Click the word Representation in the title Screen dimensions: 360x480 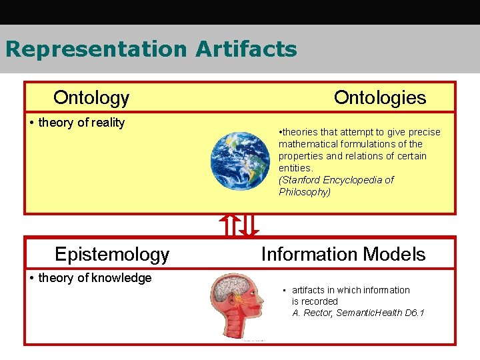tap(96, 49)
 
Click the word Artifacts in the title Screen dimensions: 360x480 tap(246, 49)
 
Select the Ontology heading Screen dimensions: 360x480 tap(91, 98)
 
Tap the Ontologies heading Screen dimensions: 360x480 tap(379, 98)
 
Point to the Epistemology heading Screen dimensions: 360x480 tap(112, 254)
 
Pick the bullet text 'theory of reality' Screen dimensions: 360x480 tap(81, 123)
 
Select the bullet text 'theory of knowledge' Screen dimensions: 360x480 tap(95, 278)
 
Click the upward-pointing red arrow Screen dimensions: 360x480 tap(229, 225)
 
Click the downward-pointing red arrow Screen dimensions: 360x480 tap(249, 225)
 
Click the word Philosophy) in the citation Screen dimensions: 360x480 tap(304, 192)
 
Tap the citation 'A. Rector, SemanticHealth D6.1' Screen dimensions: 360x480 tap(358, 313)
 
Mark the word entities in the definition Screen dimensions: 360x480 tap(294, 168)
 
